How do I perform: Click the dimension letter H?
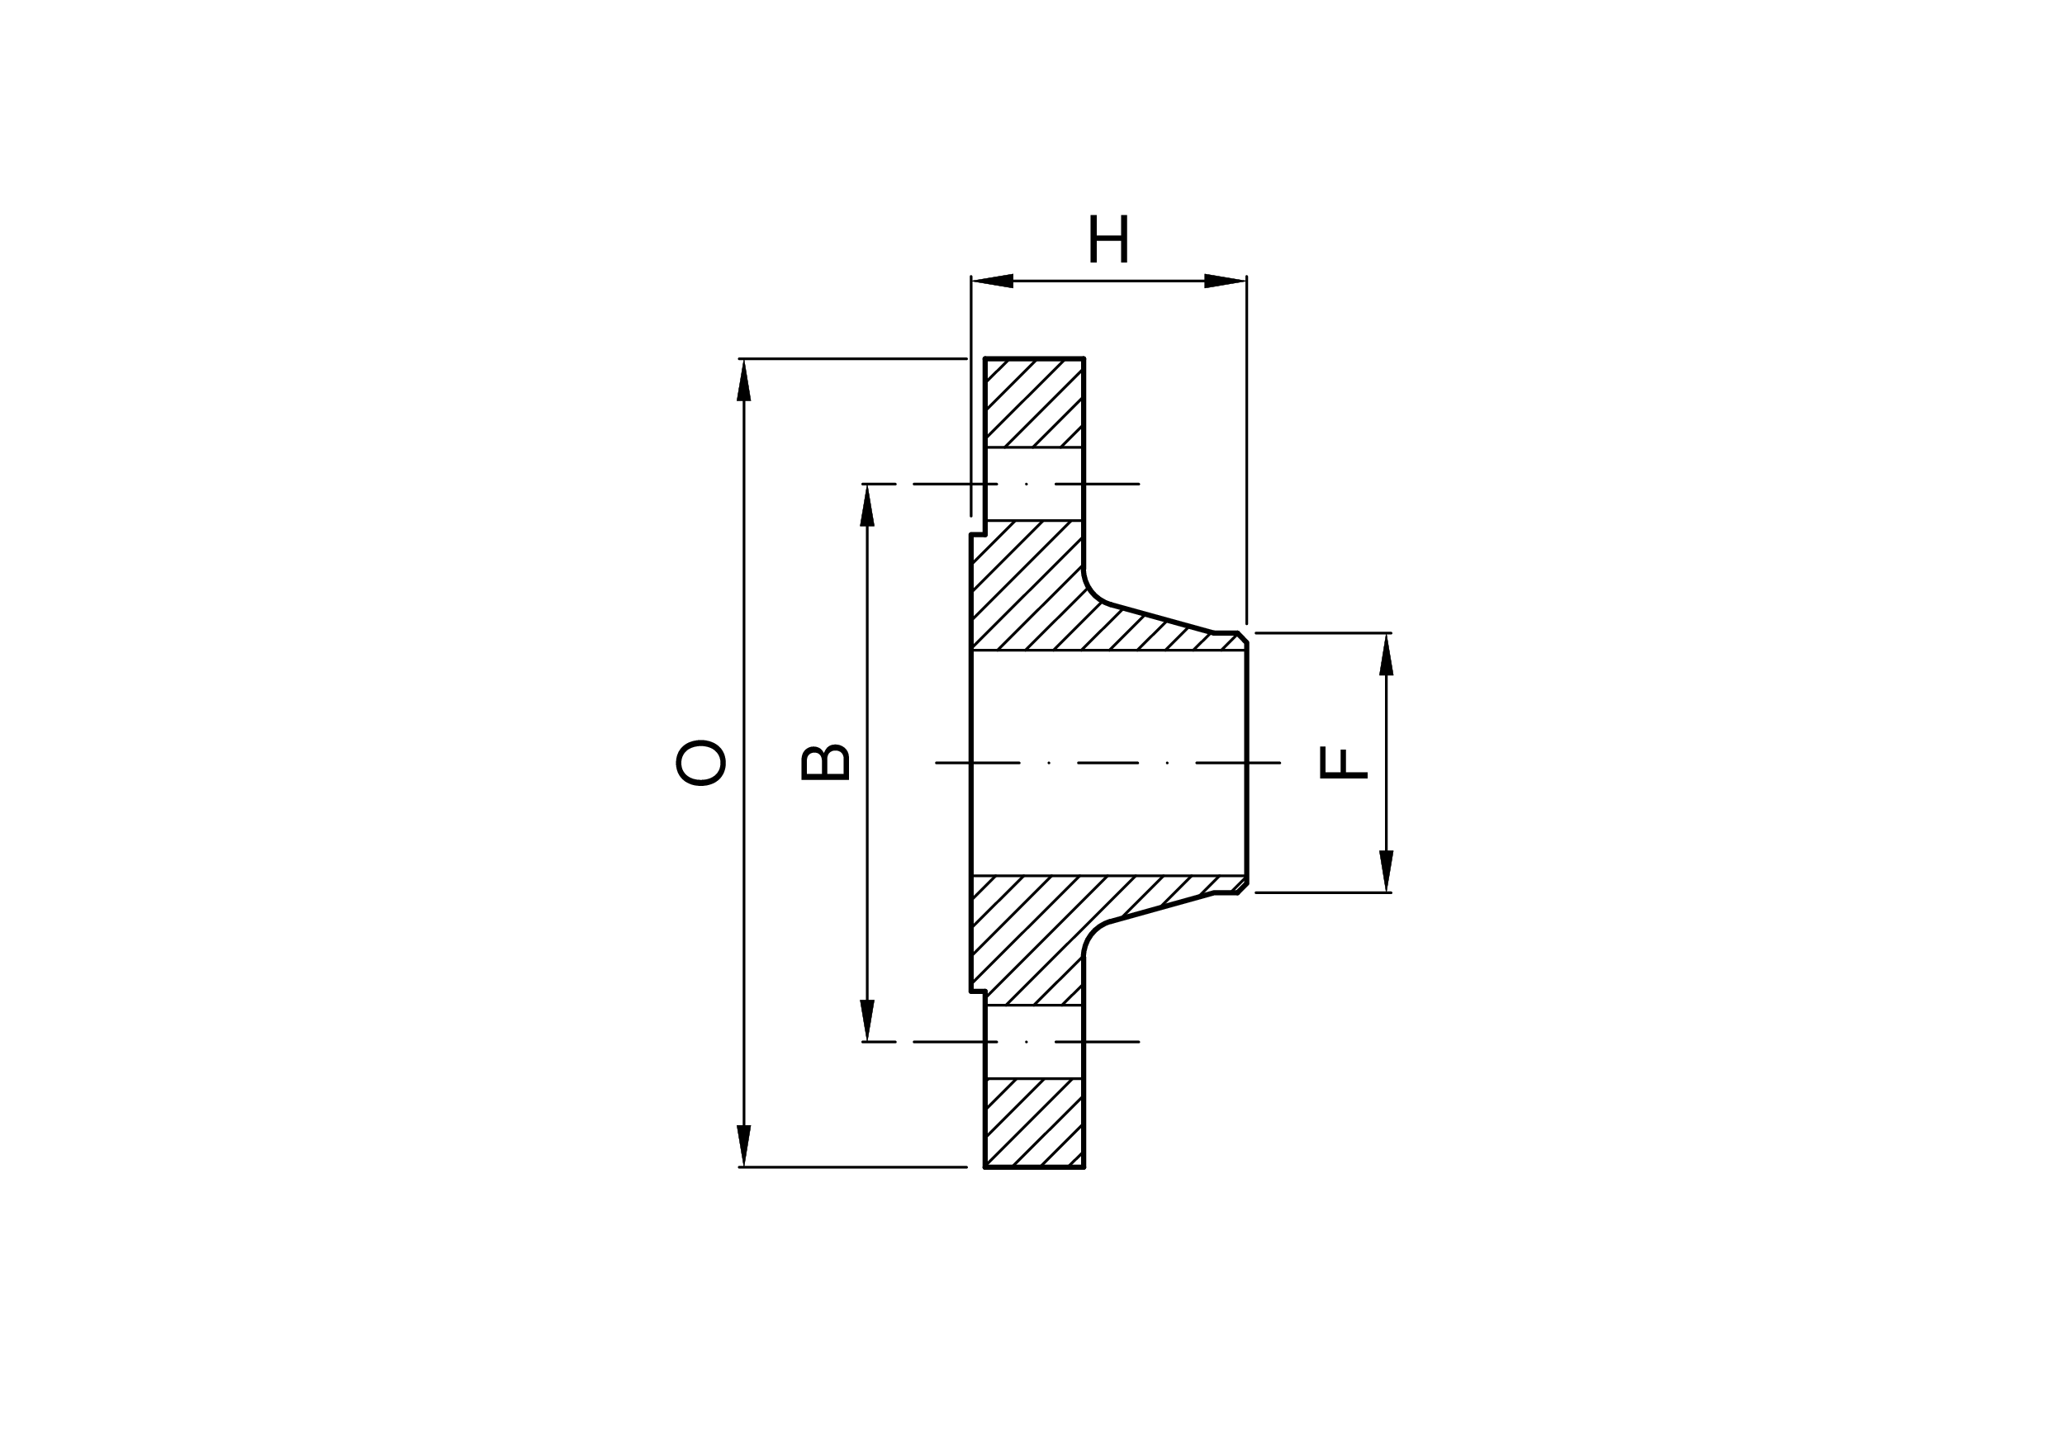pyautogui.click(x=1108, y=239)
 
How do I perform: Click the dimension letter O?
pyautogui.click(x=700, y=763)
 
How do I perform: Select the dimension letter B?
pyautogui.click(x=824, y=763)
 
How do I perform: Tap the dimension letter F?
pyautogui.click(x=1343, y=763)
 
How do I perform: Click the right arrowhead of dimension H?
pyautogui.click(x=1226, y=281)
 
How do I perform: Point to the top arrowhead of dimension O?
pyautogui.click(x=743, y=380)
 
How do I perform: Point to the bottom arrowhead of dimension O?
pyautogui.click(x=743, y=1146)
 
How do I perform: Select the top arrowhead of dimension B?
pyautogui.click(x=866, y=505)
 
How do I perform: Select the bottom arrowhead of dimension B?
pyautogui.click(x=866, y=1020)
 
